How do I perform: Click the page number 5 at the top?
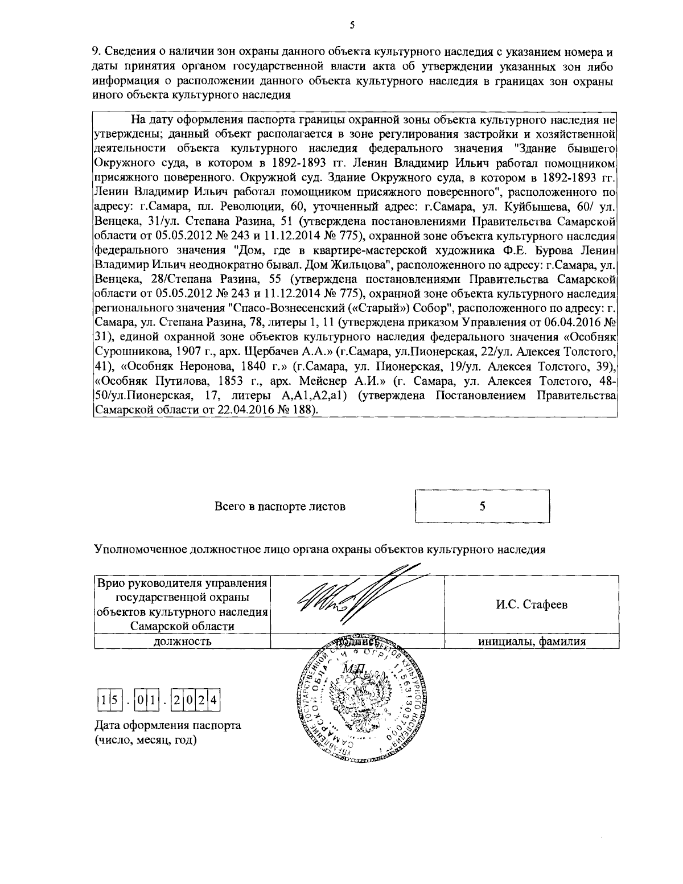[x=352, y=24]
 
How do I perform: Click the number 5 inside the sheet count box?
[x=482, y=506]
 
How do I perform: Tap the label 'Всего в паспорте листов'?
[x=280, y=506]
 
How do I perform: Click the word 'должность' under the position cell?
[x=182, y=642]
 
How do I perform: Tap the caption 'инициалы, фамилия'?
[x=532, y=642]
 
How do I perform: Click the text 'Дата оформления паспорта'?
[x=167, y=726]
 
